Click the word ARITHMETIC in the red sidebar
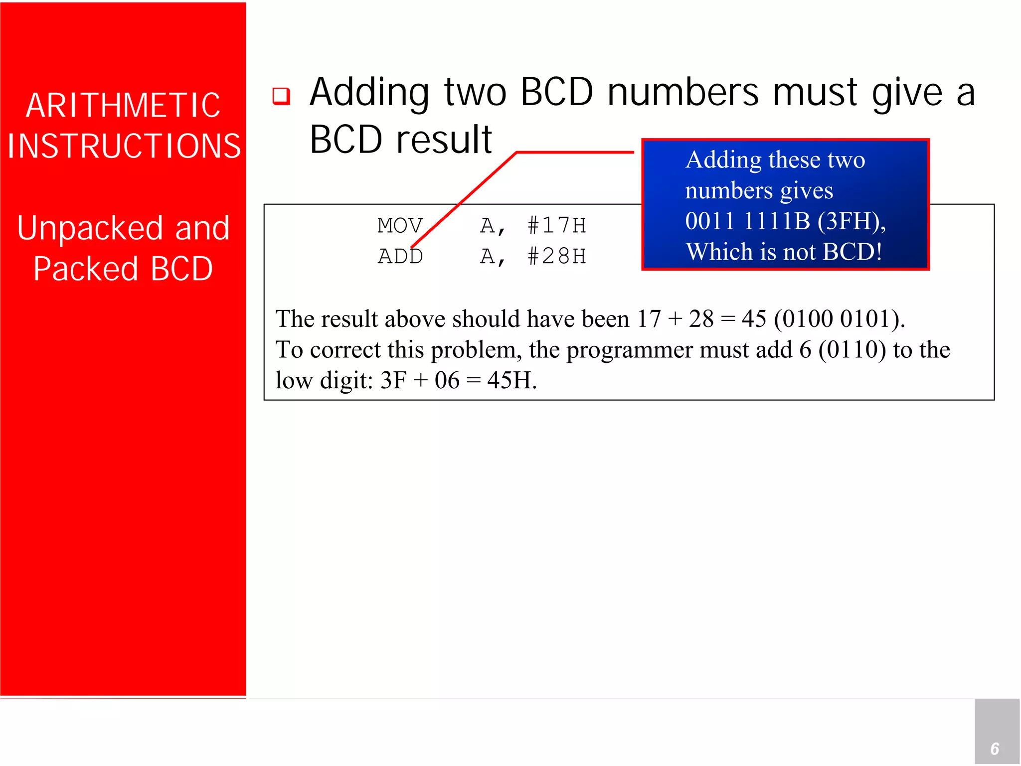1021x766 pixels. pyautogui.click(x=123, y=105)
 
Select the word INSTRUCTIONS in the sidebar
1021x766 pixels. pyautogui.click(x=124, y=146)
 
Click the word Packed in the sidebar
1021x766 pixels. pyautogui.click(x=85, y=269)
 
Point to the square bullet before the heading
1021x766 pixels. pyautogui.click(x=281, y=96)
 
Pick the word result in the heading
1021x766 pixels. pyautogui.click(x=444, y=140)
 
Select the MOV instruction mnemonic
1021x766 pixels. pyautogui.click(x=400, y=226)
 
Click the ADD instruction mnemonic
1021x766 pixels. pyautogui.click(x=400, y=257)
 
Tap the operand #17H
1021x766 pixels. pyautogui.click(x=556, y=226)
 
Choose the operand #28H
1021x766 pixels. pyautogui.click(x=556, y=257)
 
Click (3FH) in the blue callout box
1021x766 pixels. pyautogui.click(x=851, y=221)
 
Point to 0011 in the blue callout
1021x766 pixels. pyautogui.click(x=710, y=221)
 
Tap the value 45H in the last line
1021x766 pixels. pyautogui.click(x=511, y=381)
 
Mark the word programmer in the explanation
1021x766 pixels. pyautogui.click(x=630, y=350)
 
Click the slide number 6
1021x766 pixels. pyautogui.click(x=995, y=749)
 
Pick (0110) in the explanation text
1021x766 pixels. pyautogui.click(x=852, y=350)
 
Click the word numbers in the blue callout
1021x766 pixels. pyautogui.click(x=729, y=191)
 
